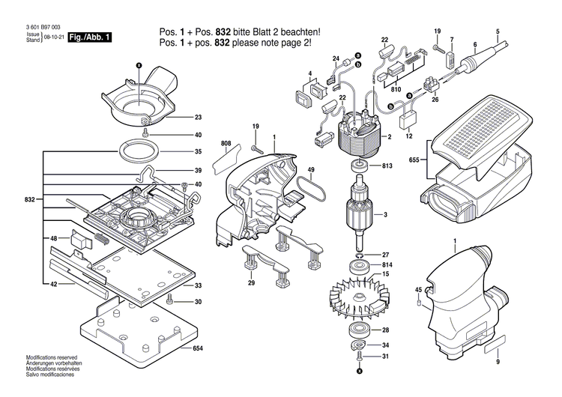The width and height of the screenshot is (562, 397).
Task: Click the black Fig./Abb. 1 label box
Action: tap(89, 37)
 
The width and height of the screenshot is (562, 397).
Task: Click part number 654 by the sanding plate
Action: tap(198, 349)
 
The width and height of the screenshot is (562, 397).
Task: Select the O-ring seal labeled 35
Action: tap(139, 150)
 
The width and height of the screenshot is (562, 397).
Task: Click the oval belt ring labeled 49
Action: tap(309, 190)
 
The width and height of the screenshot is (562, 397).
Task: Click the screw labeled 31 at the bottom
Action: tap(358, 357)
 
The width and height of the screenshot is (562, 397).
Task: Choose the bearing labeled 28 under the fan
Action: tap(357, 330)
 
